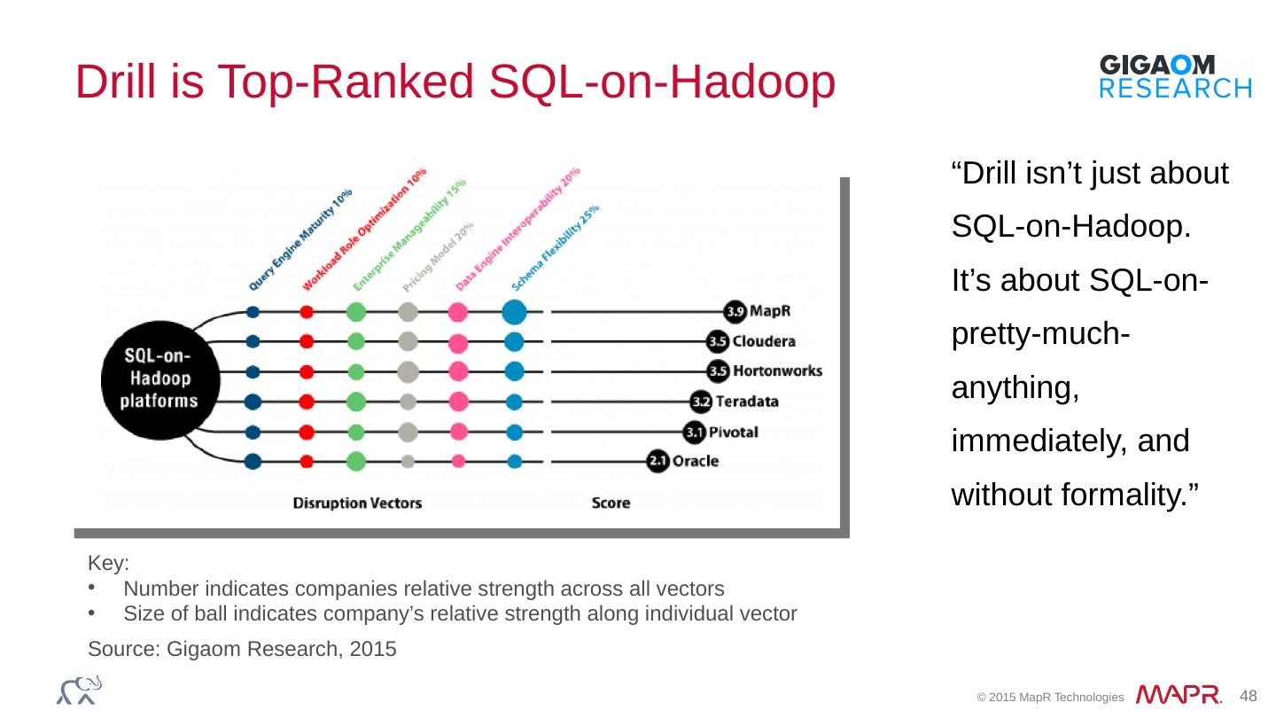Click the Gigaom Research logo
[x=1175, y=75]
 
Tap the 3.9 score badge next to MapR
[x=735, y=312]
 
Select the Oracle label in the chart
[x=696, y=461]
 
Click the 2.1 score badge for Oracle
[x=657, y=461]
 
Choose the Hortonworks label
[x=778, y=371]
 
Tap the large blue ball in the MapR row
[x=514, y=312]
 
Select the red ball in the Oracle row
[x=307, y=461]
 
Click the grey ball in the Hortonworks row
[x=408, y=371]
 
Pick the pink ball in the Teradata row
[x=458, y=402]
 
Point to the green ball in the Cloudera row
[x=356, y=341]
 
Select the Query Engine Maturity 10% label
[x=300, y=239]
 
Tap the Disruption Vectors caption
[x=357, y=503]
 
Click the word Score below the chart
[x=611, y=503]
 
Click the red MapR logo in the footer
[x=1179, y=695]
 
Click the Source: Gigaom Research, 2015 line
[x=242, y=649]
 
